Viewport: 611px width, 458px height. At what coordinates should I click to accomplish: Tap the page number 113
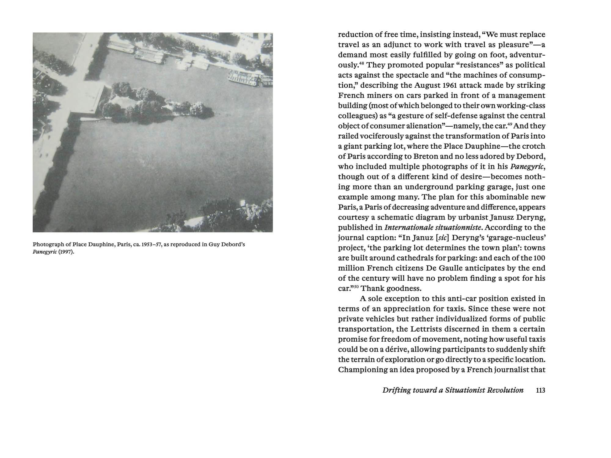[540, 390]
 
